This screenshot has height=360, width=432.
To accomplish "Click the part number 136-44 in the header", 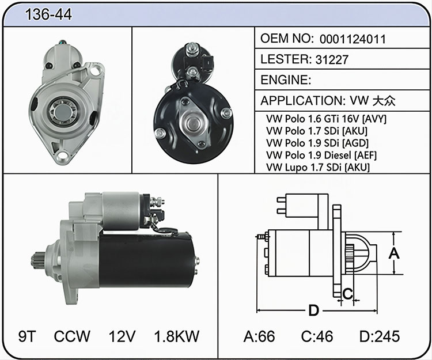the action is (x=48, y=14).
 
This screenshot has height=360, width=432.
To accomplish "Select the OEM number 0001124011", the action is (x=353, y=39).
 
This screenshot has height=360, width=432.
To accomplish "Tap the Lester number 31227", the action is (x=332, y=59).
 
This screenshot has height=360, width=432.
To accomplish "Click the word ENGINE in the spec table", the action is (x=284, y=80).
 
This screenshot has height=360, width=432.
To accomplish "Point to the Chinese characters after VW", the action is (x=384, y=101).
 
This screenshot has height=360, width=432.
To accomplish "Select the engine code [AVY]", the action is (x=374, y=119).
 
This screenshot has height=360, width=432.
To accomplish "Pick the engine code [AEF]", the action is (x=365, y=155).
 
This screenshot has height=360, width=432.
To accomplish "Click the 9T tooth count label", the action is (x=27, y=336).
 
